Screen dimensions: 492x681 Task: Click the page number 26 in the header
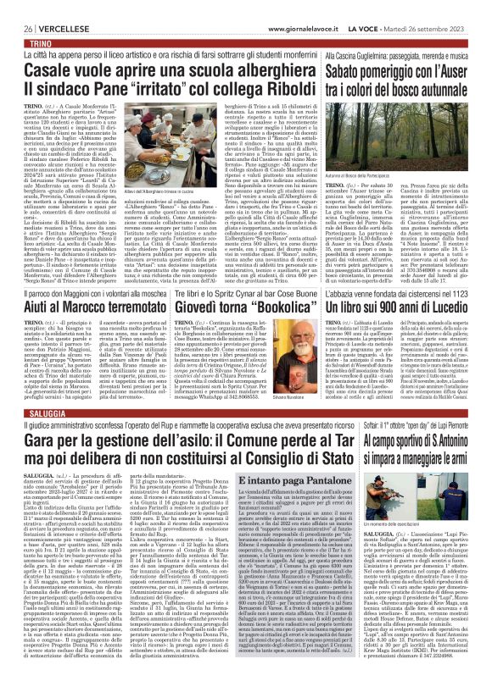pyautogui.click(x=17, y=7)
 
